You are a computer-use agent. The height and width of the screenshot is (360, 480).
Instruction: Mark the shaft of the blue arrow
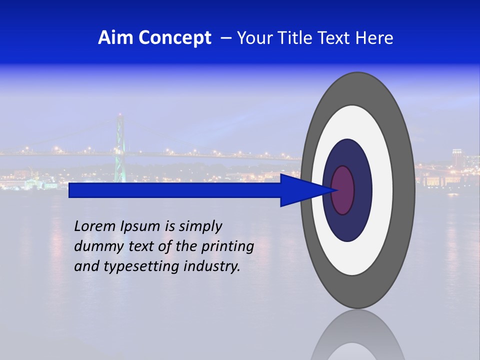tap(175, 190)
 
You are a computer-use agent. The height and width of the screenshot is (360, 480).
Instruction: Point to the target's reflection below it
tap(357, 335)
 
